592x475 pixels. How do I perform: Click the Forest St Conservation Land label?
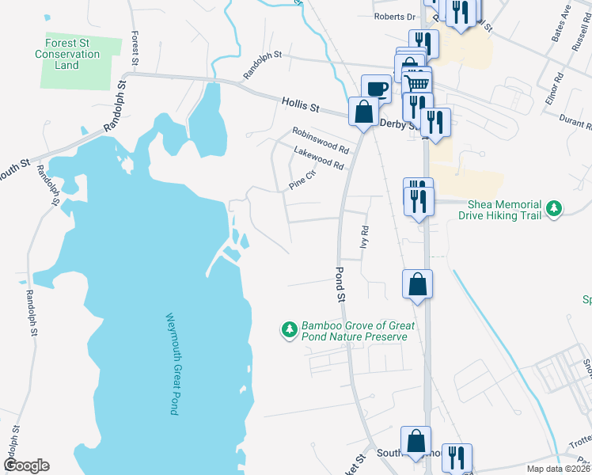(x=67, y=55)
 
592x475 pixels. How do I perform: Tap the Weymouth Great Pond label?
(x=171, y=364)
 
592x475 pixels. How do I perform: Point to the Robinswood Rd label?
(x=320, y=140)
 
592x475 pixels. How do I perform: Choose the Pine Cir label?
(x=302, y=183)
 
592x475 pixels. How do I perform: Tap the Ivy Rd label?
(x=366, y=235)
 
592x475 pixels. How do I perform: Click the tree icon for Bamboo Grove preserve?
(x=290, y=329)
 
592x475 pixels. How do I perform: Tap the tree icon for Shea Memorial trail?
(x=556, y=209)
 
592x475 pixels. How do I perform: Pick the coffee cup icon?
(x=376, y=87)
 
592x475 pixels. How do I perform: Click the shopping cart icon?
(x=417, y=82)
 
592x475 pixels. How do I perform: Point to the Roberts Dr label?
(x=395, y=17)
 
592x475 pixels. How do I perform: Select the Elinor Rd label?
(x=559, y=85)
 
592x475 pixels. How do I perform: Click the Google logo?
(x=26, y=465)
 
